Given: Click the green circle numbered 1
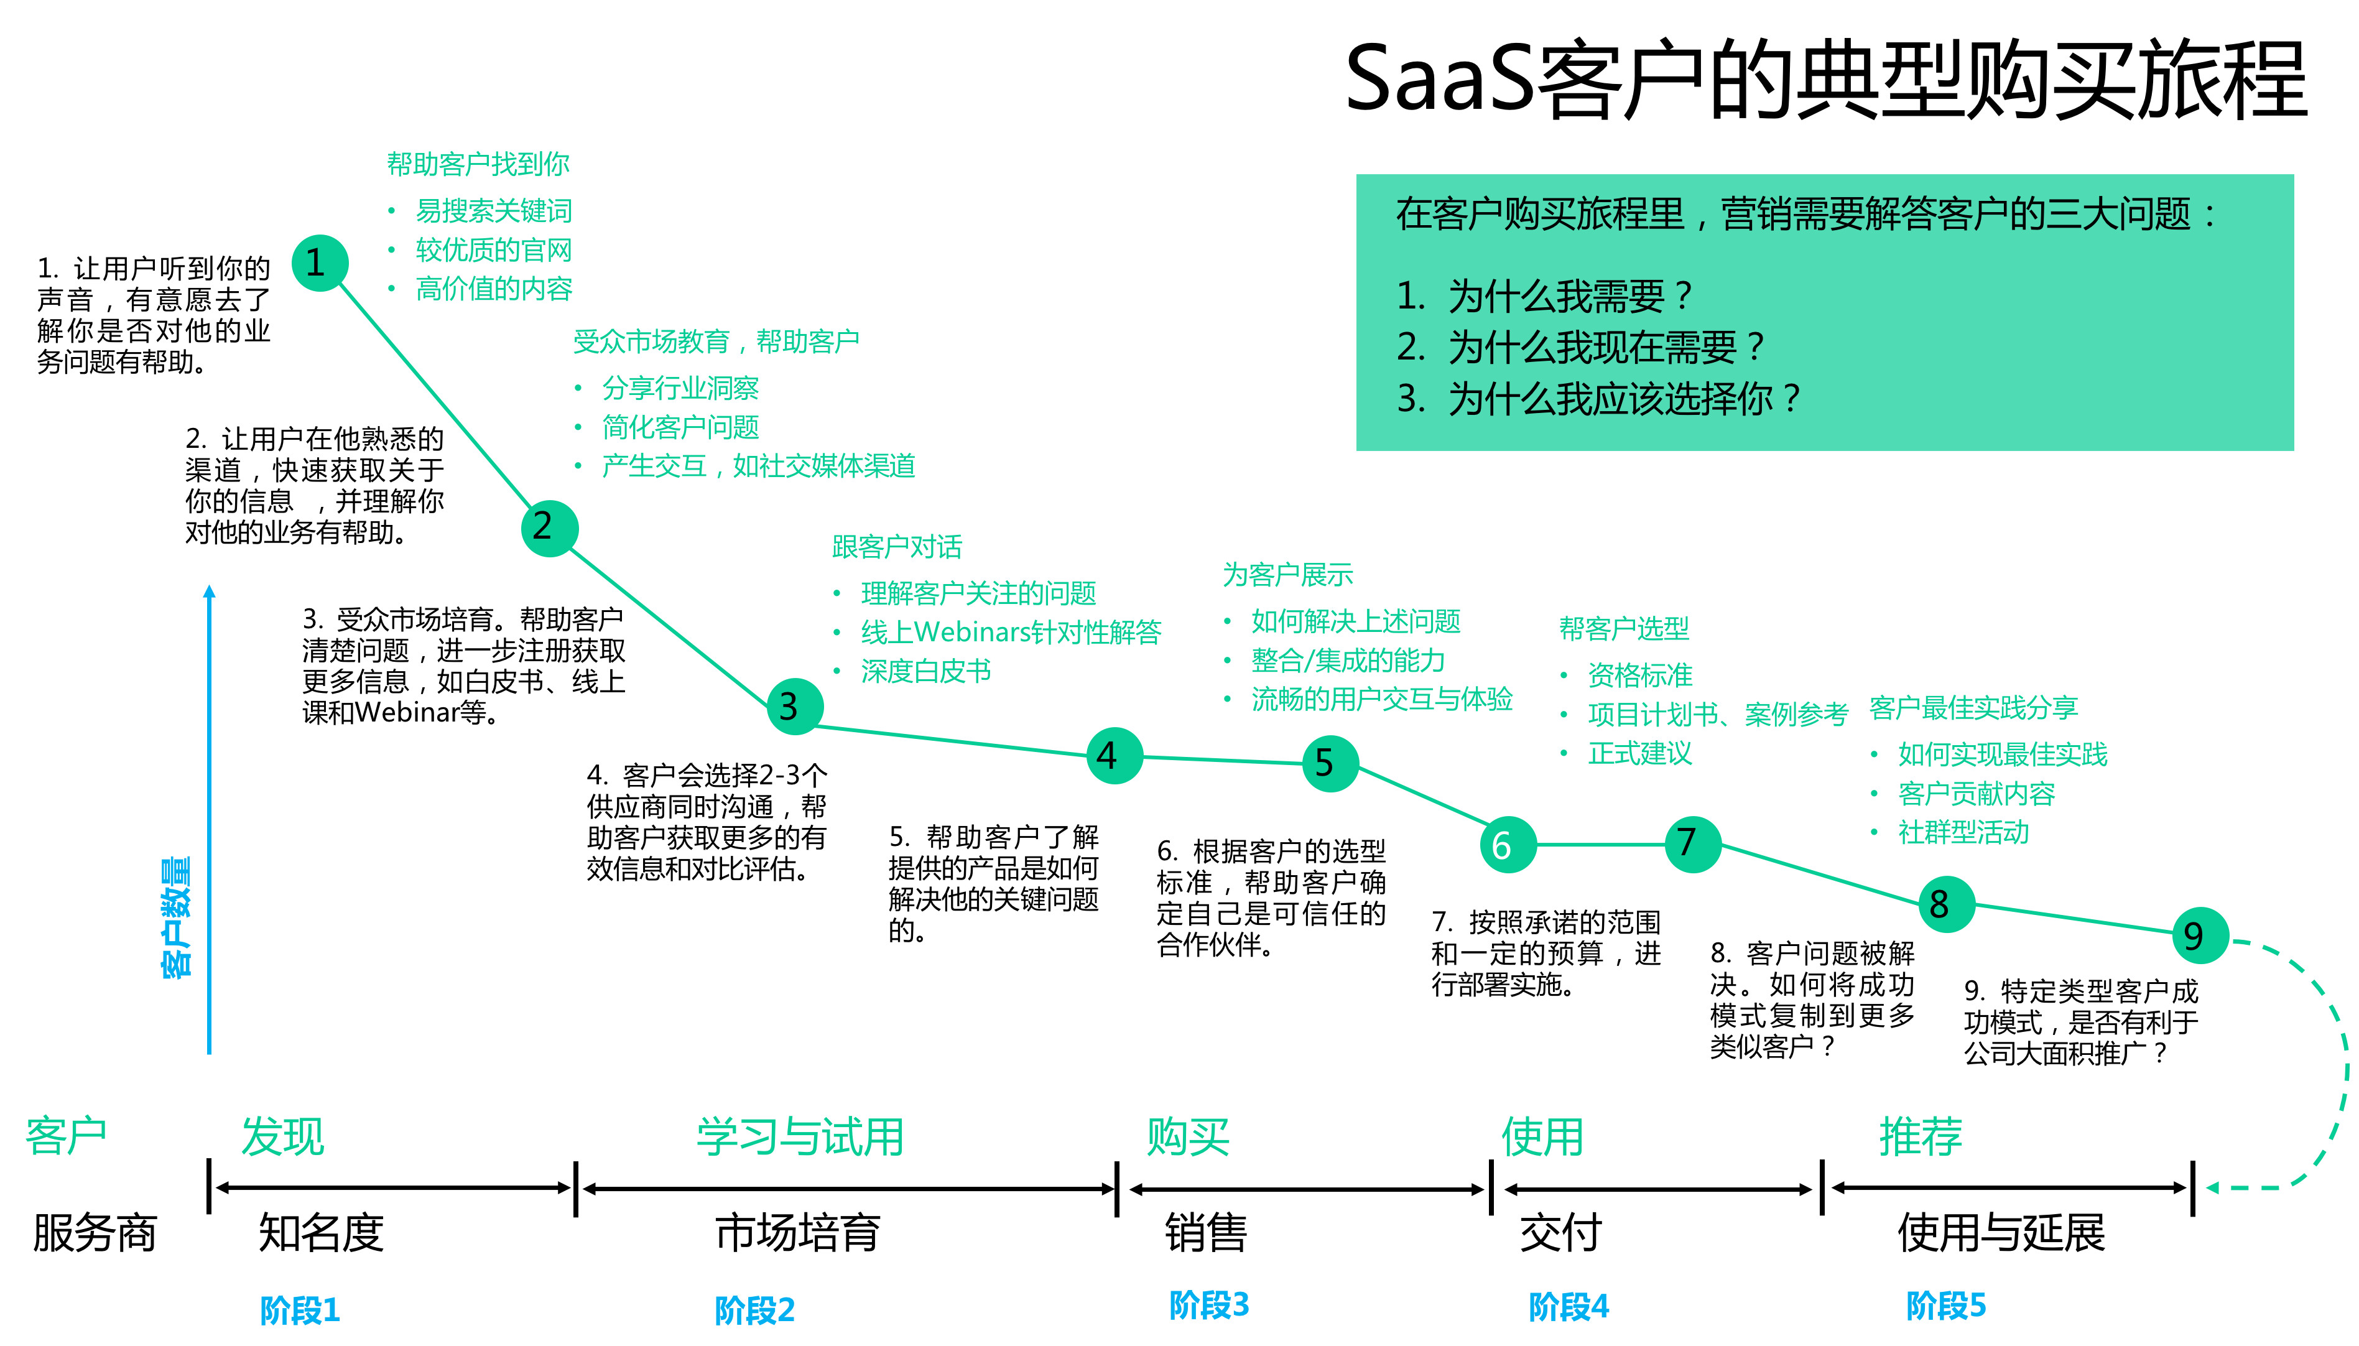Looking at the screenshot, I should point(320,264).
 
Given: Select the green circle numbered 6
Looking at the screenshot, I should point(1507,845).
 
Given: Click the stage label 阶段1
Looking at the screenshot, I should point(300,1310).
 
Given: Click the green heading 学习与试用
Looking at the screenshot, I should point(800,1136).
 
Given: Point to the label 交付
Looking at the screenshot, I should point(1560,1232).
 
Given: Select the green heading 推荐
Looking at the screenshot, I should point(1920,1136).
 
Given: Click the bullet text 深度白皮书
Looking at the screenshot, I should point(925,671).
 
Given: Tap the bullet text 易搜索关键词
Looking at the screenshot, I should point(494,211).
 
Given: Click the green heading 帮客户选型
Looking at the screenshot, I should point(1623,629).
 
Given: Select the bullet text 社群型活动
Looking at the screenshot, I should point(1963,833).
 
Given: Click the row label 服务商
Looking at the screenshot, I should point(95,1232).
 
